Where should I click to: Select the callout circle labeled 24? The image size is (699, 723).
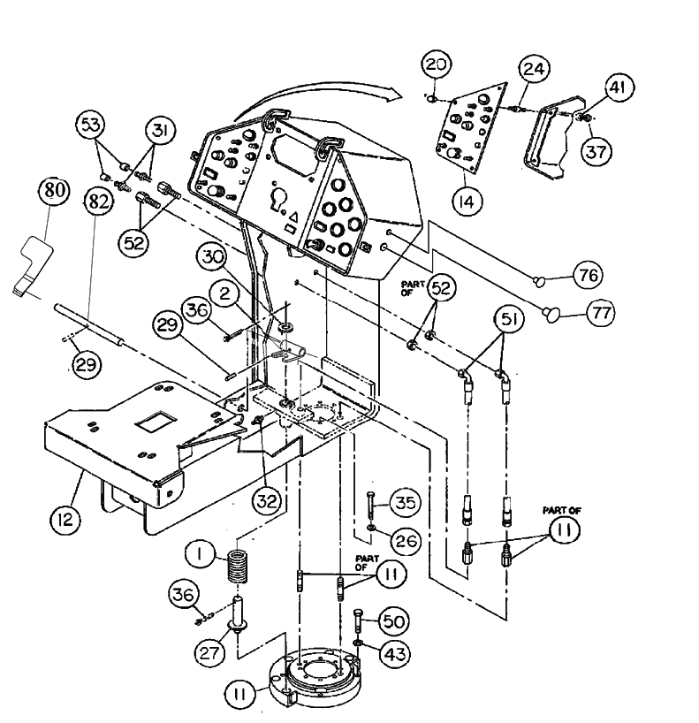tap(533, 68)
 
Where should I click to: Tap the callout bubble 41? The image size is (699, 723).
tap(619, 87)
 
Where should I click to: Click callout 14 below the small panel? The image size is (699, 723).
tap(466, 201)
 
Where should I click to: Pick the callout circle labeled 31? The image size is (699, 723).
tap(160, 130)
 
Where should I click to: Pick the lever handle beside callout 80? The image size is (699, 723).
tap(32, 261)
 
